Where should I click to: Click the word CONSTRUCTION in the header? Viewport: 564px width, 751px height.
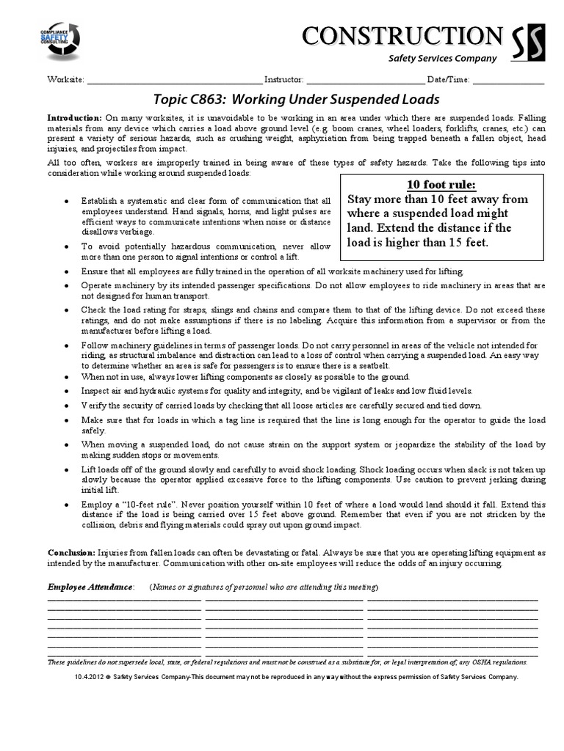coord(399,35)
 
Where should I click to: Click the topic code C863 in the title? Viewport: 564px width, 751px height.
coord(207,99)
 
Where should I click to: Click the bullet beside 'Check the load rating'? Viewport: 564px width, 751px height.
coord(68,310)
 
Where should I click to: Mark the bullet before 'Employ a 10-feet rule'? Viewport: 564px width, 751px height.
coord(68,505)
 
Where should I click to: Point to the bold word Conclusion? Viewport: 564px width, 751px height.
coord(70,552)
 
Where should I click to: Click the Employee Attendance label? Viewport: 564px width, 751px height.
coord(91,587)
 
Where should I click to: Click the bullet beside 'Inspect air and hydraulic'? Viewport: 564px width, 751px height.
coord(68,391)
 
